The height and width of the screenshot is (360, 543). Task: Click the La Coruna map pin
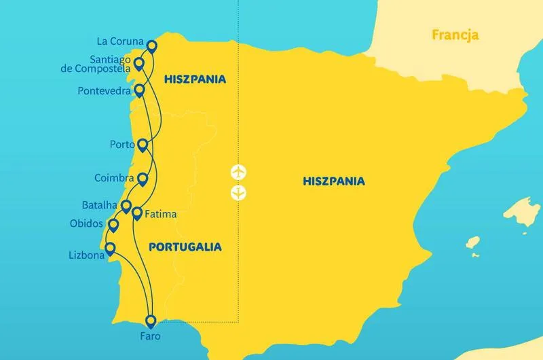[151, 46]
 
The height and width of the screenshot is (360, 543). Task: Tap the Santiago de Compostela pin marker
[138, 64]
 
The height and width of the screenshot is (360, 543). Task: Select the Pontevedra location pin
[140, 90]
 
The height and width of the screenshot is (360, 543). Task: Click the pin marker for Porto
[143, 145]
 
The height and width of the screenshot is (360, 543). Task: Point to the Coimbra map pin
[143, 179]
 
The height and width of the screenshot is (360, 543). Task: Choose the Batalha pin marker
[126, 205]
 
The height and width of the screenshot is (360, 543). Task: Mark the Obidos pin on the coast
[113, 225]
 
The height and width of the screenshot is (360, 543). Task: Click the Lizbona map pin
[109, 249]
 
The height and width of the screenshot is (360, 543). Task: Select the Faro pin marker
[151, 321]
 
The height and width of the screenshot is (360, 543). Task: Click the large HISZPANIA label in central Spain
[334, 181]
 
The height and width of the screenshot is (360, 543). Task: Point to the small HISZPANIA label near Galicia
[195, 79]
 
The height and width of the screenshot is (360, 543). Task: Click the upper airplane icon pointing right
[238, 171]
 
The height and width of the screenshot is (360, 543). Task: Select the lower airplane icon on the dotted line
[238, 193]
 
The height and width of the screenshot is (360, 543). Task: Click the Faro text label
[150, 336]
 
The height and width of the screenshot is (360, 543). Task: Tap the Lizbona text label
[86, 256]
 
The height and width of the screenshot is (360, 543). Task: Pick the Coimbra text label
[113, 178]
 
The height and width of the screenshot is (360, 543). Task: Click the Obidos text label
[86, 223]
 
